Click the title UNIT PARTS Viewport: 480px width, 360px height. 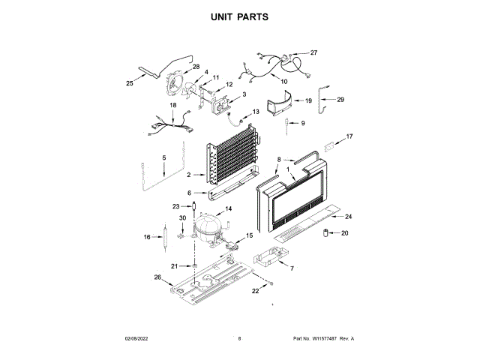click(239, 16)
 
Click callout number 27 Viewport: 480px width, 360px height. click(313, 52)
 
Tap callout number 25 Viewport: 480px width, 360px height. click(129, 84)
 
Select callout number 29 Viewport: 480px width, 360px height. click(340, 100)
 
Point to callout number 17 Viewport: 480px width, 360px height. click(348, 136)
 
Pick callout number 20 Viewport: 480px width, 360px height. click(345, 233)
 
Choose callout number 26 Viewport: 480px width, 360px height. click(158, 277)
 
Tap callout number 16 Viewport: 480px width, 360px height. click(148, 237)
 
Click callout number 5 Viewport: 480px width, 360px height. click(163, 157)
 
